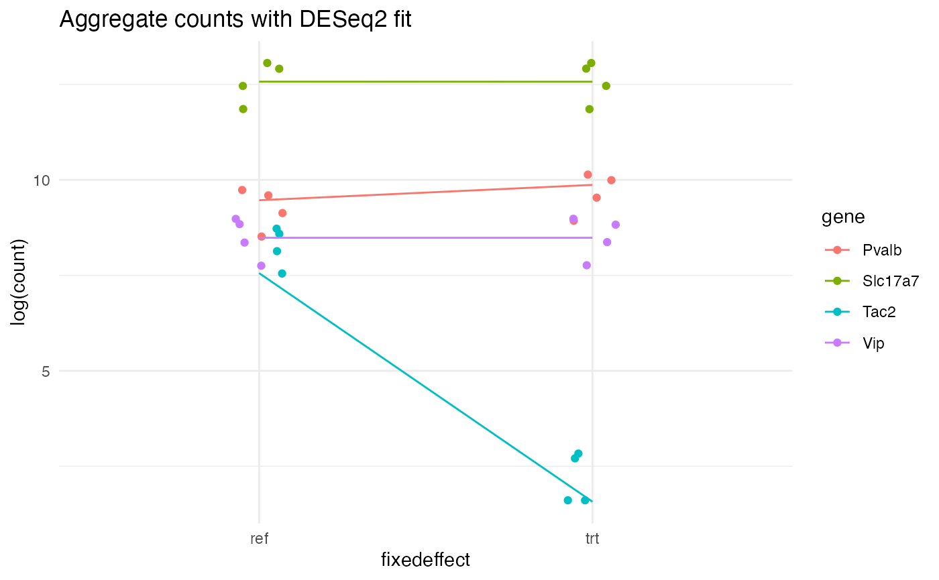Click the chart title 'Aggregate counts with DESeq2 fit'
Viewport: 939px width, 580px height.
(x=235, y=19)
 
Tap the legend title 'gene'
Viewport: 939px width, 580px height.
(x=842, y=217)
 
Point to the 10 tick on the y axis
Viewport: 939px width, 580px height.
(x=42, y=180)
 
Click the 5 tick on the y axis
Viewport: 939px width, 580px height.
(x=46, y=371)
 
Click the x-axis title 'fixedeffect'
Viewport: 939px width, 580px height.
(x=425, y=560)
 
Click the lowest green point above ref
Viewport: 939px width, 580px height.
(x=243, y=109)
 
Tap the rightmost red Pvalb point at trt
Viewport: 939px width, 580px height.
(x=611, y=180)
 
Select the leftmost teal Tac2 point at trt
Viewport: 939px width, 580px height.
(x=568, y=500)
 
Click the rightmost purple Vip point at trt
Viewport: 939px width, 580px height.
(x=616, y=225)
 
